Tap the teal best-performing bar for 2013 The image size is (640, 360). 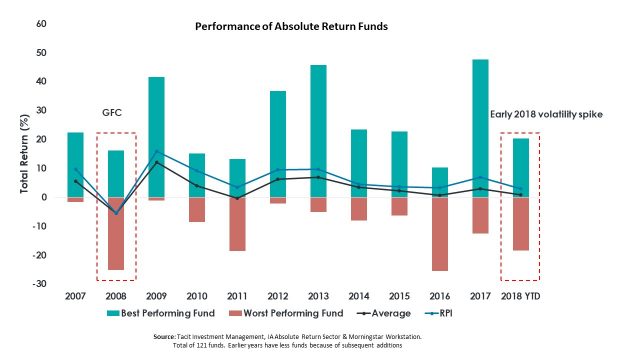tap(319, 131)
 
